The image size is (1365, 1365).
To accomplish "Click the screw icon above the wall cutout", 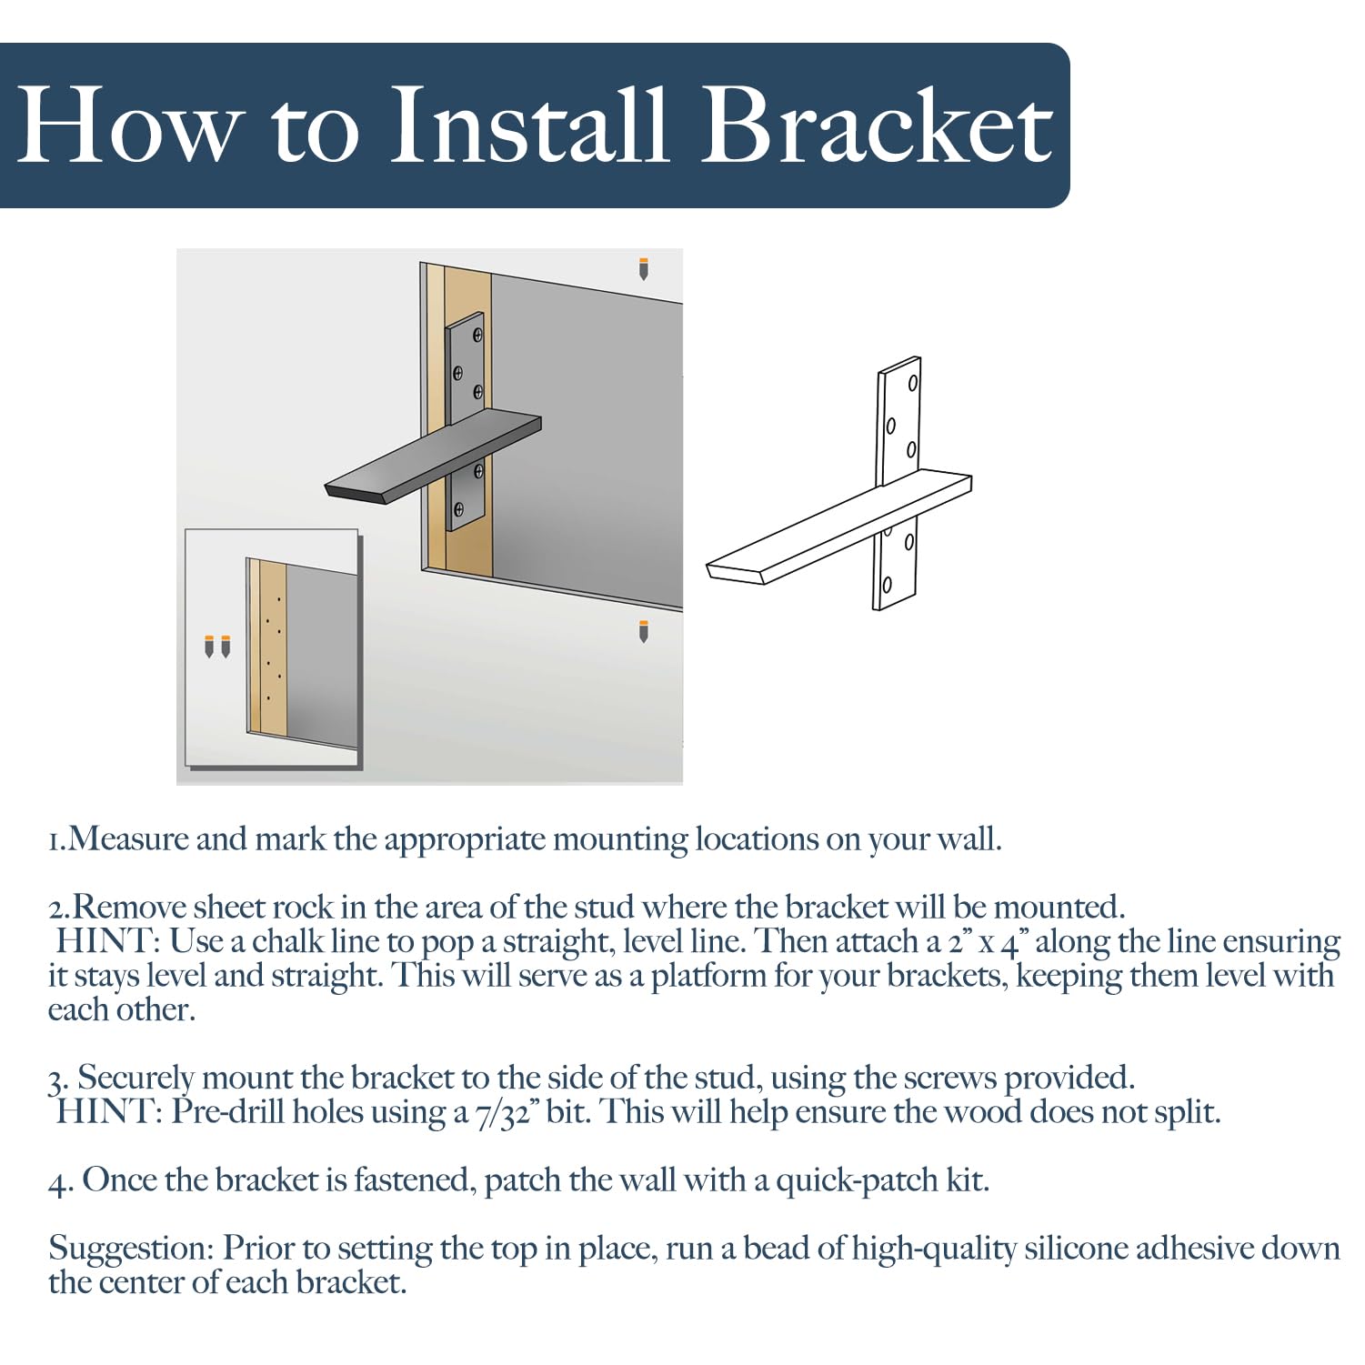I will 644,268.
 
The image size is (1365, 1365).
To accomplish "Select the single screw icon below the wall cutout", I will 644,630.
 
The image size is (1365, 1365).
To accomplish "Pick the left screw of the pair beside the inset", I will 209,645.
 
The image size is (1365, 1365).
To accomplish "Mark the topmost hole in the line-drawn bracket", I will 912,383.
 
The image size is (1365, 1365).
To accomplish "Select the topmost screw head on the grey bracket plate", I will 477,335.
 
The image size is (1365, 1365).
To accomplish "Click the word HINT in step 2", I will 108,940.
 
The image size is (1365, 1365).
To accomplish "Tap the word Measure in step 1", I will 130,838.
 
